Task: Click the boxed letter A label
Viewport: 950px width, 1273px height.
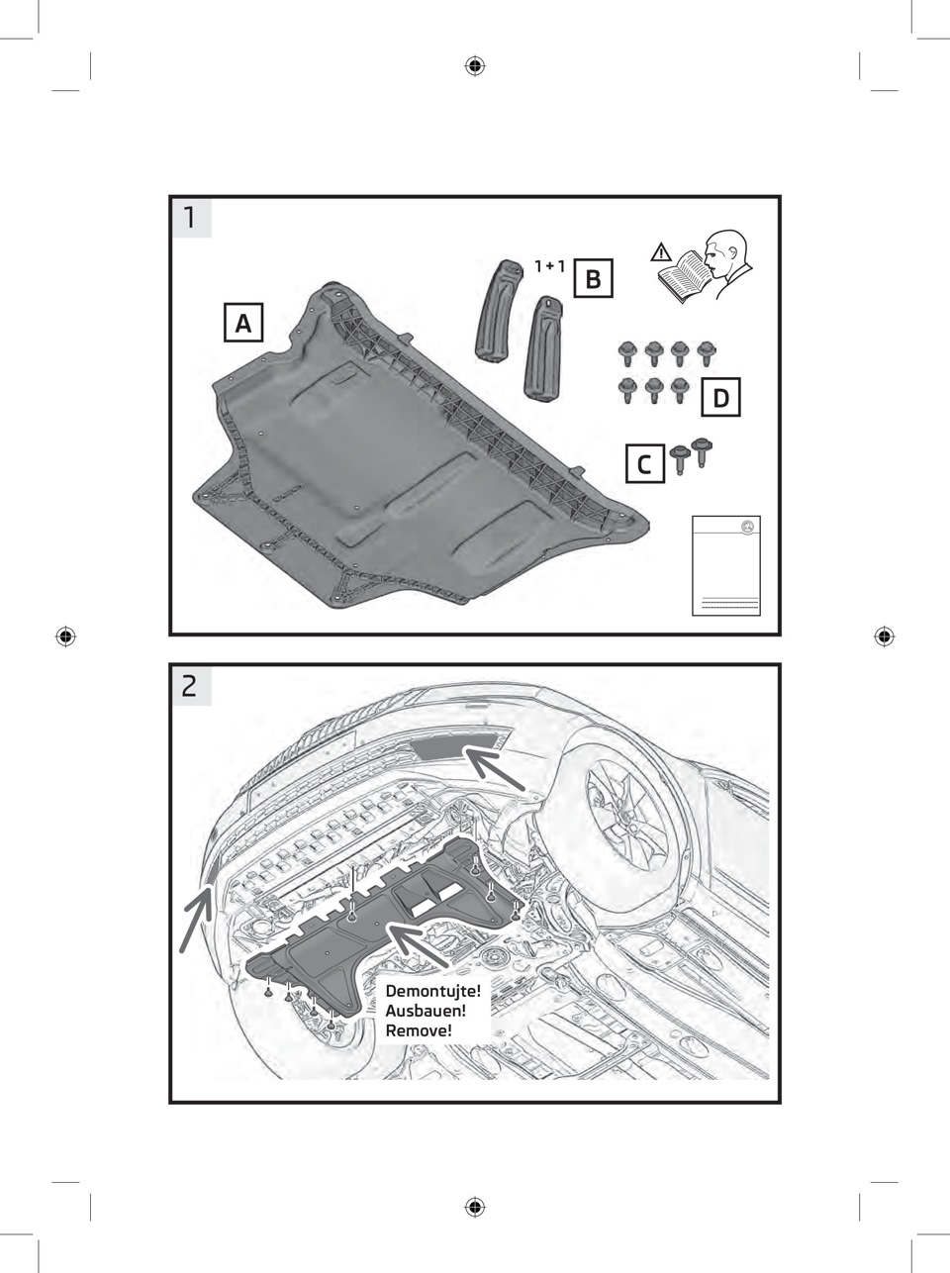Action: [x=243, y=323]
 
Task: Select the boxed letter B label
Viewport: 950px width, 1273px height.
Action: [x=593, y=278]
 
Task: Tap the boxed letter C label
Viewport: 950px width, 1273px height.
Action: [x=644, y=463]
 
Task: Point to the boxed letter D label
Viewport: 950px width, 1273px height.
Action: [x=720, y=397]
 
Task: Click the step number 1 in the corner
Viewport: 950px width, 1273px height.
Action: [x=190, y=218]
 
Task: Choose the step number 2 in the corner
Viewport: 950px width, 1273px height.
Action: [x=190, y=686]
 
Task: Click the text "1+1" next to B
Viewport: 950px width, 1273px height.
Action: [x=549, y=266]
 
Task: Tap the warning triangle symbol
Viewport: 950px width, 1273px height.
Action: [x=661, y=252]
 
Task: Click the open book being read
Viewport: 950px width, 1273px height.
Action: [x=685, y=276]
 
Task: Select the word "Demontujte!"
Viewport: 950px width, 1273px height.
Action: [x=433, y=991]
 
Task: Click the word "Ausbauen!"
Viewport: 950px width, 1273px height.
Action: [x=426, y=1011]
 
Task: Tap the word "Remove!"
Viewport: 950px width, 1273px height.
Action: [x=418, y=1030]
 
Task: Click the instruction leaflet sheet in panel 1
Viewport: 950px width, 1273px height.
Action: [x=726, y=565]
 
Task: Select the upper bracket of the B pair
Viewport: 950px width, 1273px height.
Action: [x=499, y=311]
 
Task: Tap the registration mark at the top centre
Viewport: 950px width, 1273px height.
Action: [x=475, y=66]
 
